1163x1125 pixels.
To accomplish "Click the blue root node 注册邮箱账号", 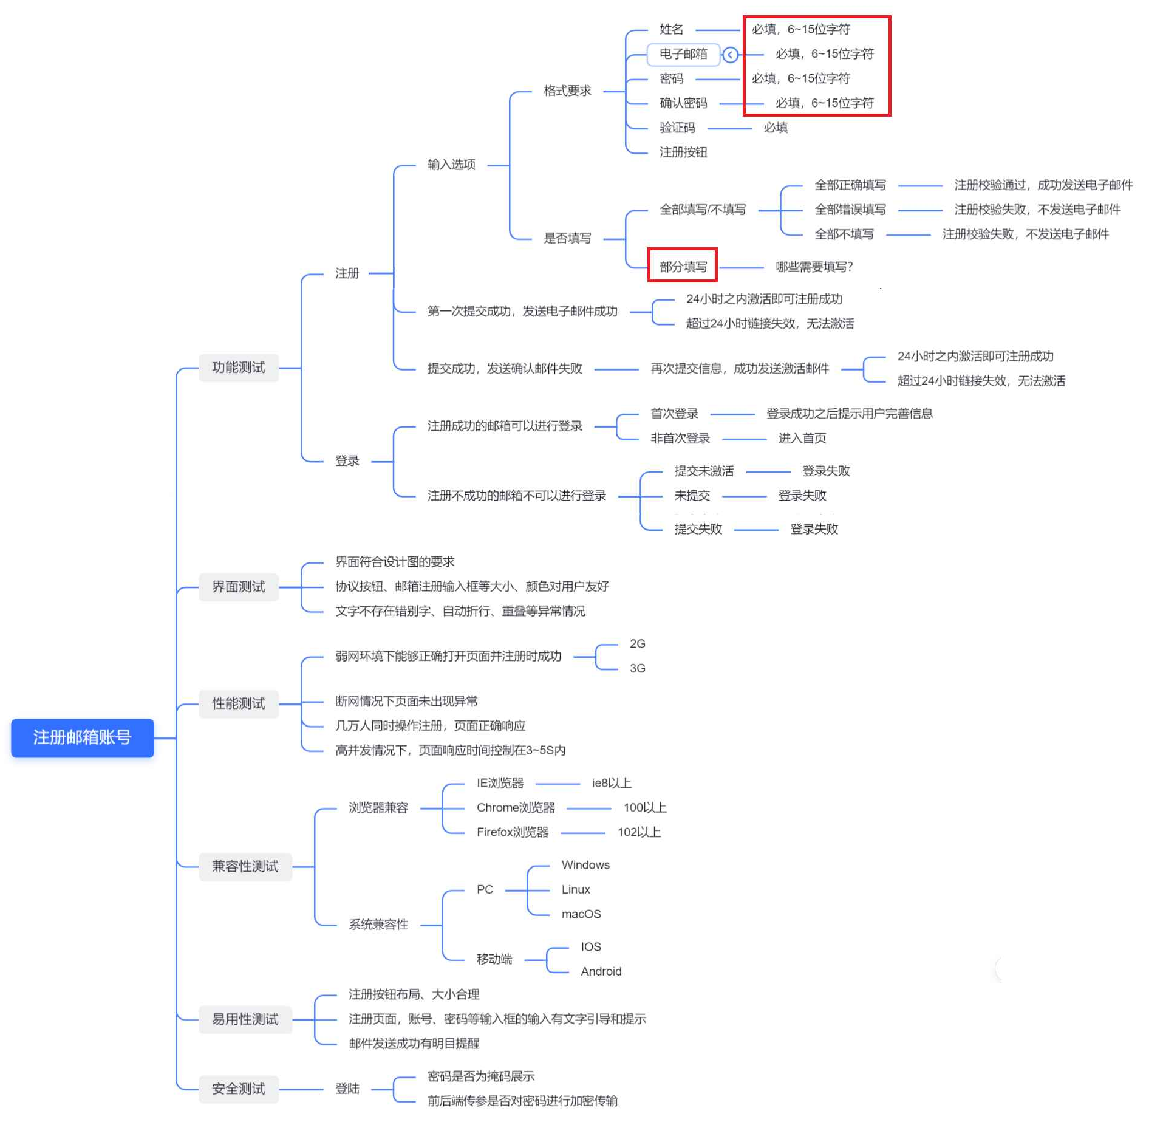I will (82, 737).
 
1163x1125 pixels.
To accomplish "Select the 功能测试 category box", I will (238, 367).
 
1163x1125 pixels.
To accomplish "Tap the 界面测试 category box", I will (238, 586).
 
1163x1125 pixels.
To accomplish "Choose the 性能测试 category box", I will (238, 703).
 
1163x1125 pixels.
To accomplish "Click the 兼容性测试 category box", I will (245, 866).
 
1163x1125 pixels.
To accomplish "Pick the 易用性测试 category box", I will (245, 1019).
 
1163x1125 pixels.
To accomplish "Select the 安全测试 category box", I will (238, 1088).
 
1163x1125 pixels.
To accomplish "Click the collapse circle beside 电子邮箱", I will (730, 55).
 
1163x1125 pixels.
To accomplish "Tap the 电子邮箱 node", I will (683, 54).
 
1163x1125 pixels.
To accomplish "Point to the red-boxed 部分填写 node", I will (683, 267).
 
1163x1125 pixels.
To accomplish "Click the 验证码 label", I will (677, 128).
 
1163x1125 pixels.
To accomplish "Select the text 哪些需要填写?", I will (814, 267).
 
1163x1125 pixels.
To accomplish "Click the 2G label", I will (637, 643).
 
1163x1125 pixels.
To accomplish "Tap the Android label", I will (601, 971).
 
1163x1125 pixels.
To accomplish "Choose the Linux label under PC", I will (576, 889).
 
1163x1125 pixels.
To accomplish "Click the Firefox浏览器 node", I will (512, 832).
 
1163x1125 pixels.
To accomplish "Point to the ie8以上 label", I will (612, 783).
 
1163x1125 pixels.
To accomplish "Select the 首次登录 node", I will (674, 414).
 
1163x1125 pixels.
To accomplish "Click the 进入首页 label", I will (802, 438).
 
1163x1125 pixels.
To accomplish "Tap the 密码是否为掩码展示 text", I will (481, 1076).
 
